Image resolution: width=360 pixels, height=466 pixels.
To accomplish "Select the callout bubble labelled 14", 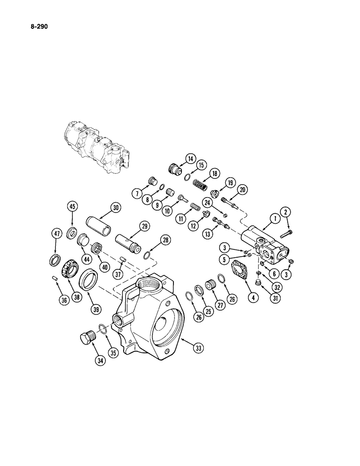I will pos(190,159).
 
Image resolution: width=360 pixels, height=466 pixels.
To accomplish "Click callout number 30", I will pos(115,208).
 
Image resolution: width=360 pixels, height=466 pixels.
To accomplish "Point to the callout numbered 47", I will pos(56,235).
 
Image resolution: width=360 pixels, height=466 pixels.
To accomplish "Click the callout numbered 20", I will pos(242,189).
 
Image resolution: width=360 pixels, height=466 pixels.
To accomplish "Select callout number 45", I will pos(72,207).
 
